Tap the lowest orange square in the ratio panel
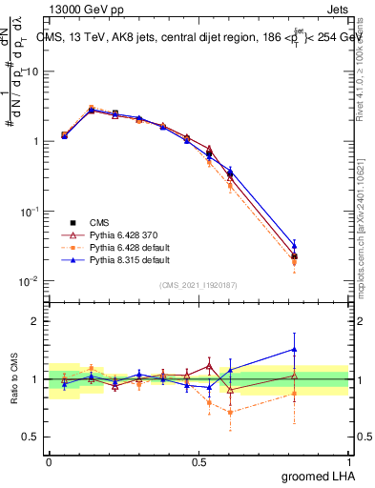click(x=230, y=413)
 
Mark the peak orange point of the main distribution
click(x=92, y=109)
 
